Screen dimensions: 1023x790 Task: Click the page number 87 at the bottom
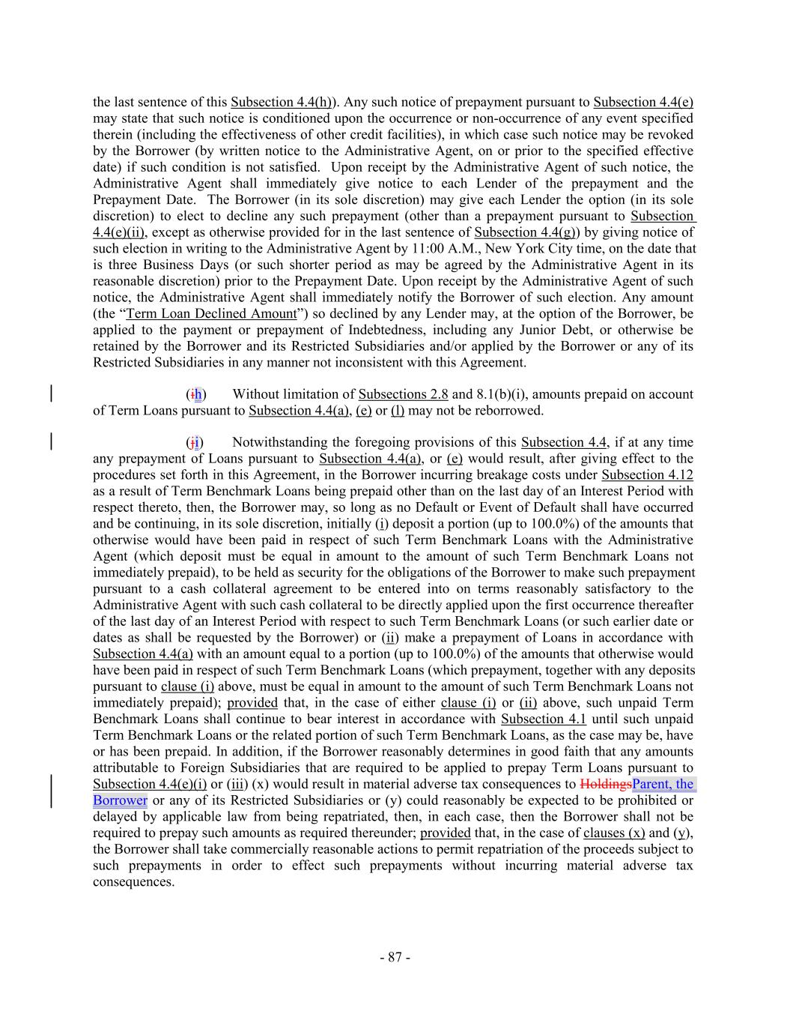pos(395,957)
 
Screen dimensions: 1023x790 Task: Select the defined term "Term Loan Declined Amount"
pos(211,314)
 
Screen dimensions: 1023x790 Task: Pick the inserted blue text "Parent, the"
pos(663,785)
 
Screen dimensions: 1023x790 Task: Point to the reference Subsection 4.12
pos(647,475)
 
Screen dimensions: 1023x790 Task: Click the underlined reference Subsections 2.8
pos(403,395)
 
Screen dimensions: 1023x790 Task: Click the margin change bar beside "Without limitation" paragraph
pos(51,395)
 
